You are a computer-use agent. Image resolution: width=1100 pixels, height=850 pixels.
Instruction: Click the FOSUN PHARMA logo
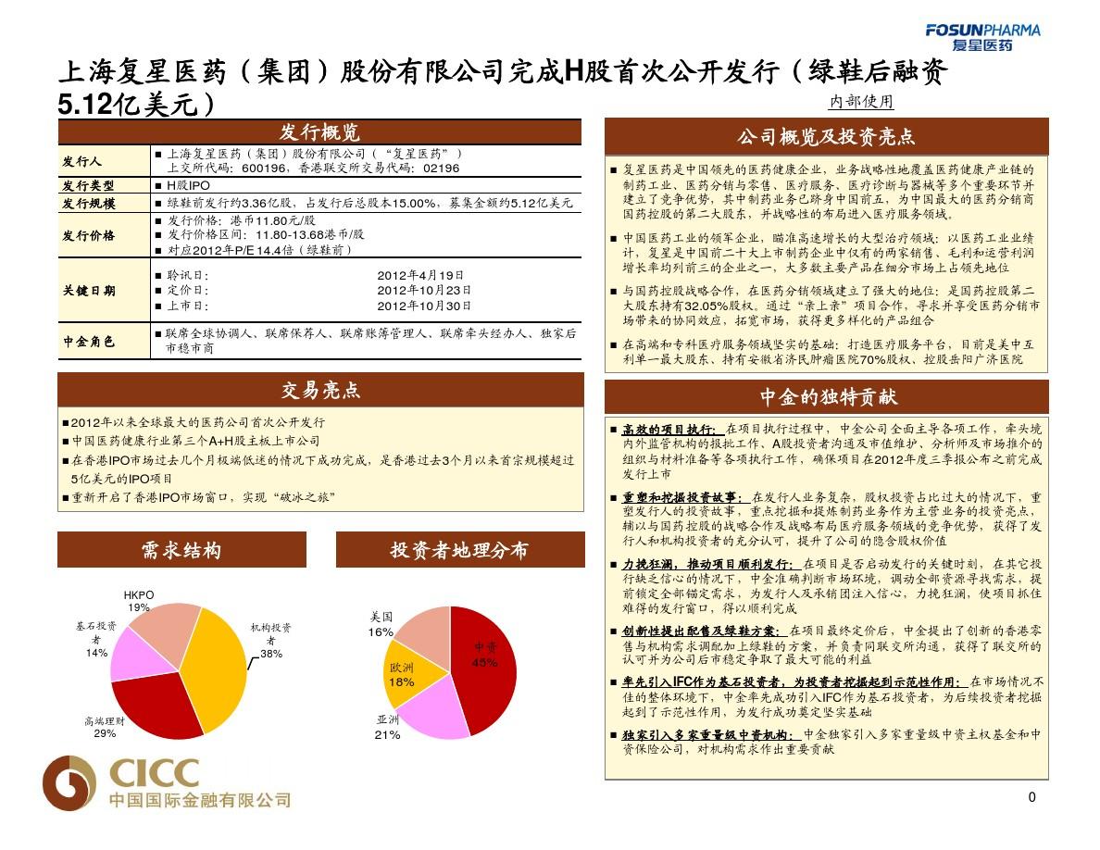pyautogui.click(x=982, y=36)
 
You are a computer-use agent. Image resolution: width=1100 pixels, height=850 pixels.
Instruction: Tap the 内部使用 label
pyautogui.click(x=860, y=102)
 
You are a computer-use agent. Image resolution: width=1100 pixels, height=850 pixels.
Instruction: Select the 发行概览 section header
pyautogui.click(x=319, y=131)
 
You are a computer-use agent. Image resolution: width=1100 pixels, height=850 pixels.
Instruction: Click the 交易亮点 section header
pyautogui.click(x=320, y=390)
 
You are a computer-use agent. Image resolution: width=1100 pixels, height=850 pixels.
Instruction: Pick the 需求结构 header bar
pyautogui.click(x=181, y=550)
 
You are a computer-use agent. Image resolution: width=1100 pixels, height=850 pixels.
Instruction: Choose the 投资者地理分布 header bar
pyautogui.click(x=459, y=550)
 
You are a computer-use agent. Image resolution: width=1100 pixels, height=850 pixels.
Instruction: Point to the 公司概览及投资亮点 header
pyautogui.click(x=826, y=137)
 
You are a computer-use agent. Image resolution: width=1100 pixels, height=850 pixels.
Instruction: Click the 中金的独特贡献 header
pyautogui.click(x=826, y=397)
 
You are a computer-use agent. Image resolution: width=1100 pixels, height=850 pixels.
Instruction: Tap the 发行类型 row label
pyautogui.click(x=89, y=186)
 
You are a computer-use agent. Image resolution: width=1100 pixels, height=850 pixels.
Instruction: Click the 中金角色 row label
pyautogui.click(x=89, y=342)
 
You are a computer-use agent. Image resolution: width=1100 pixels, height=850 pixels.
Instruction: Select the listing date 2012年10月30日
pyautogui.click(x=425, y=306)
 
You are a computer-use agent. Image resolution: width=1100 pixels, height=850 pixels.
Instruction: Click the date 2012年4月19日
pyautogui.click(x=421, y=275)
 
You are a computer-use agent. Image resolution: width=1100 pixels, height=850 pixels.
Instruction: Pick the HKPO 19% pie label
pyautogui.click(x=139, y=601)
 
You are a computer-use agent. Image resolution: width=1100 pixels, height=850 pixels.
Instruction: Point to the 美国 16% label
pyautogui.click(x=381, y=623)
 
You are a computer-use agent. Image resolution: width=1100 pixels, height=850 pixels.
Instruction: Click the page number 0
pyautogui.click(x=1032, y=798)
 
